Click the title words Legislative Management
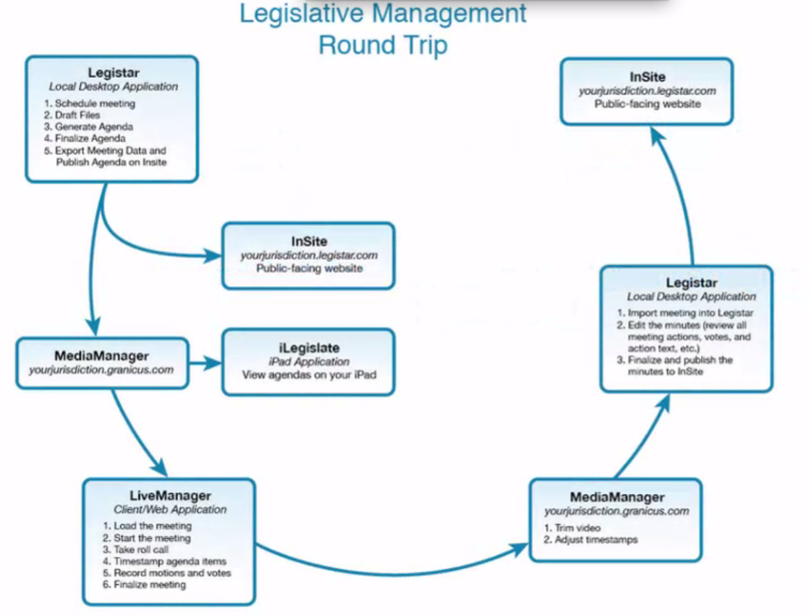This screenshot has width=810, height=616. tap(383, 14)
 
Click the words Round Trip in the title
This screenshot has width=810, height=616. tap(383, 45)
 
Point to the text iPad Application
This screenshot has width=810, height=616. tap(308, 362)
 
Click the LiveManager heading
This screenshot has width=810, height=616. tap(170, 495)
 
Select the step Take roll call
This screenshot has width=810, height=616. tap(141, 550)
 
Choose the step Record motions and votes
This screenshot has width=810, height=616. tap(172, 573)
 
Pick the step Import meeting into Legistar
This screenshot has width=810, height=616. tap(675, 312)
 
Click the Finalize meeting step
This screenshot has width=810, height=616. tap(150, 585)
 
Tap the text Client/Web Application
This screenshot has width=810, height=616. tap(170, 510)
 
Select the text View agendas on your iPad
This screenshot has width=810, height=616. tap(308, 376)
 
